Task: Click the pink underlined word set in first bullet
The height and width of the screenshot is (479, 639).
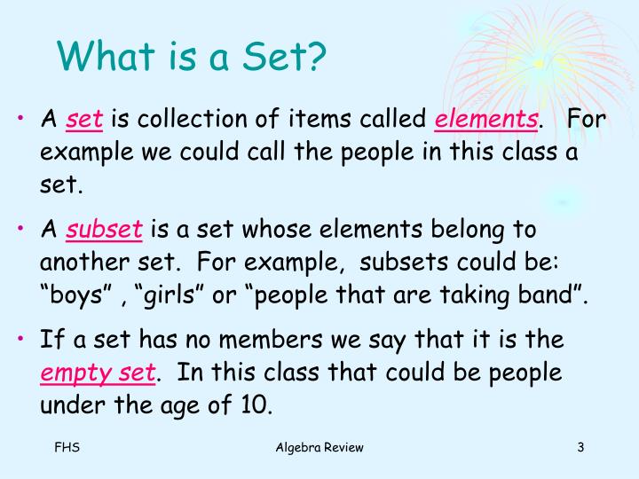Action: pos(85,120)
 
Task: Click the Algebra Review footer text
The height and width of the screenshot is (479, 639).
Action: pos(319,447)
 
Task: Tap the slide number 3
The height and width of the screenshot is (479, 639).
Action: pos(580,447)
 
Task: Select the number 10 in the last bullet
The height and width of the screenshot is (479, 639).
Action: pos(256,405)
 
